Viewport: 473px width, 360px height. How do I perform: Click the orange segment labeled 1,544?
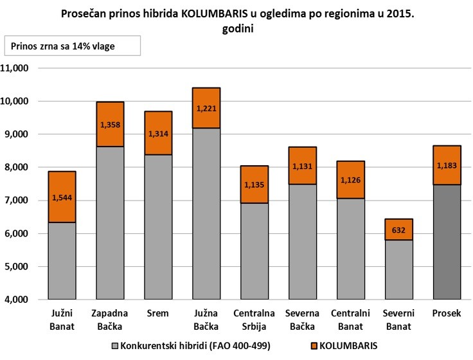[62, 197]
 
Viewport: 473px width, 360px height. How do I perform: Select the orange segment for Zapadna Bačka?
[110, 124]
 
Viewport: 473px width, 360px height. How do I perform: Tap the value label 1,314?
[159, 133]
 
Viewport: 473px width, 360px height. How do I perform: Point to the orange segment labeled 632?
[399, 230]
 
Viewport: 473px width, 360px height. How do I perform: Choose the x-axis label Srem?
[159, 314]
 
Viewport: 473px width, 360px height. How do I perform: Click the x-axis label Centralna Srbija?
[254, 319]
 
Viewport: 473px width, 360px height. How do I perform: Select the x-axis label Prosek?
[447, 314]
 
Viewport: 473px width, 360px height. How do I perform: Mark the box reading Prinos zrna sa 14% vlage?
[72, 46]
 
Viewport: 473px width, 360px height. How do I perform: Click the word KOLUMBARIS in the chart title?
[211, 13]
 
